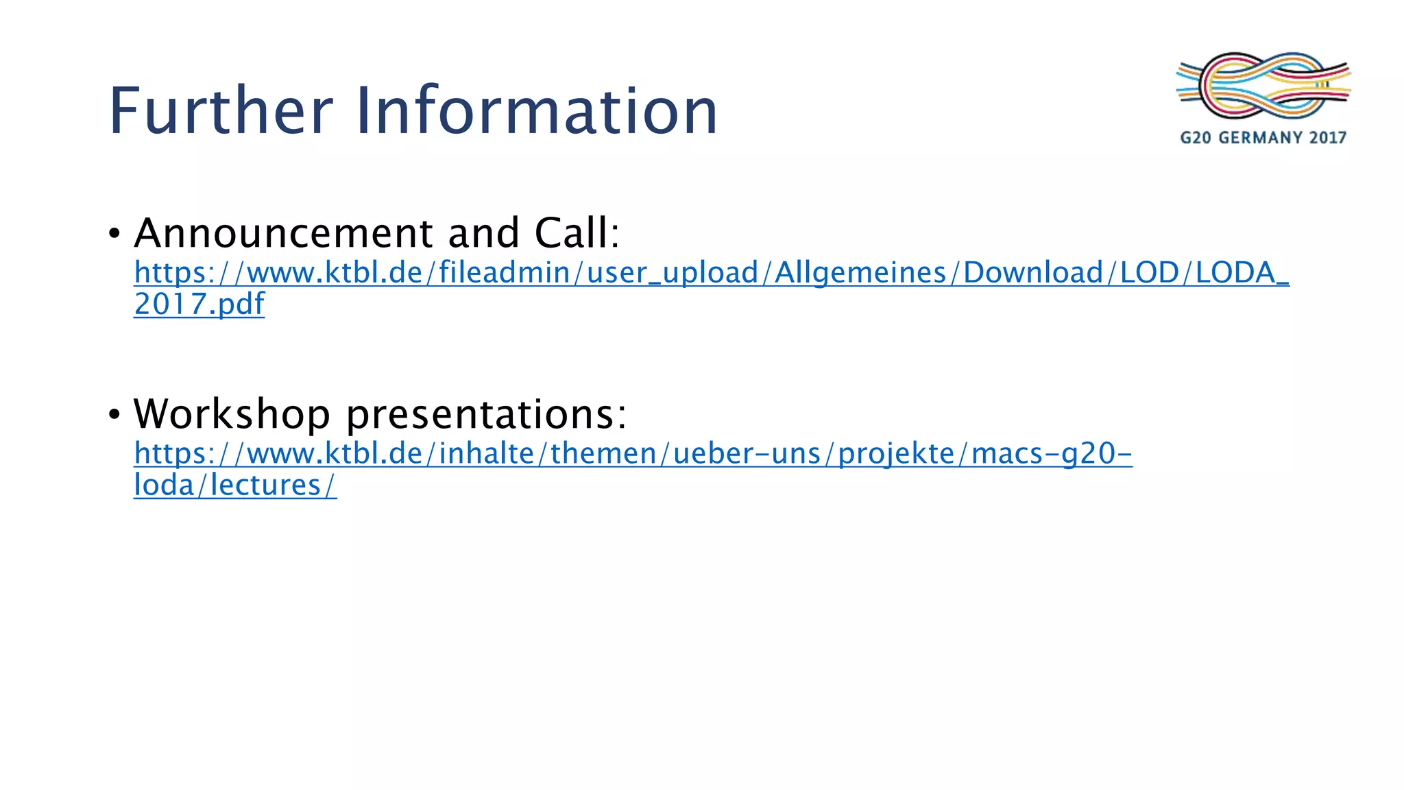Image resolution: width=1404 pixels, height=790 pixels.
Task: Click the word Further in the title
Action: (x=221, y=110)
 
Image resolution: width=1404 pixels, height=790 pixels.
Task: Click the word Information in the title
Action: (x=536, y=110)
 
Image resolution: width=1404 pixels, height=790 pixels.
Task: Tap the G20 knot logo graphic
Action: (x=1263, y=85)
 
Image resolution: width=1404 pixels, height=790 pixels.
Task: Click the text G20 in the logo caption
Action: (x=1196, y=138)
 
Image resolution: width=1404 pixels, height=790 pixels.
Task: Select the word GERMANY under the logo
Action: (x=1261, y=138)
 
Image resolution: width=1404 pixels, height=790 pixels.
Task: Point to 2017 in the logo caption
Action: (x=1328, y=138)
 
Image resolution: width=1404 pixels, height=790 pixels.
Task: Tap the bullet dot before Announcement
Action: (x=114, y=234)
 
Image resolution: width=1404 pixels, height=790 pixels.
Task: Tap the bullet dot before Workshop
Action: (x=114, y=415)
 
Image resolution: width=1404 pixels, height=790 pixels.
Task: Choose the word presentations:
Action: (x=486, y=415)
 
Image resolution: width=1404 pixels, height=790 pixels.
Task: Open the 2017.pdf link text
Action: (x=199, y=304)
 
